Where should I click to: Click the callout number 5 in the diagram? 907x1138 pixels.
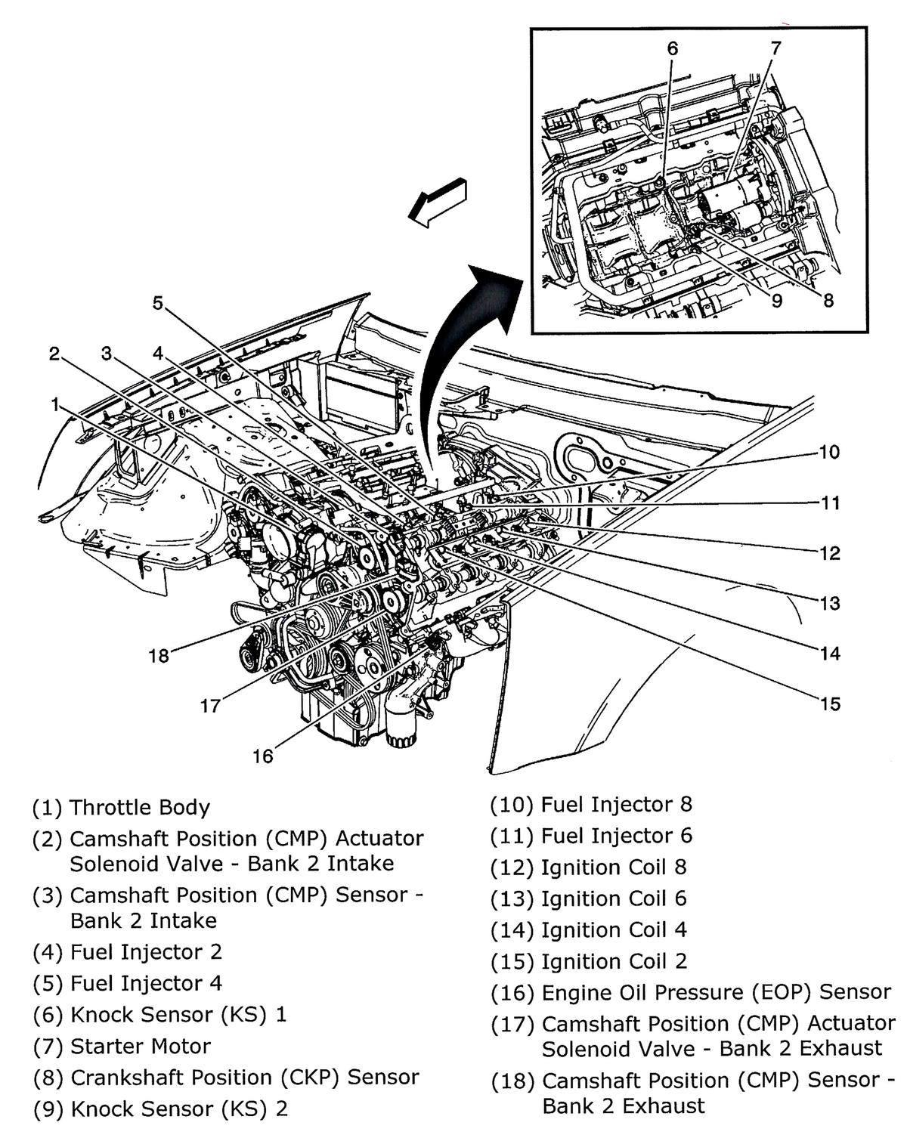tap(157, 303)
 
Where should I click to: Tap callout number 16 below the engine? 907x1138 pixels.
tap(262, 756)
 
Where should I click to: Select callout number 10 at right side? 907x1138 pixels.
tap(829, 452)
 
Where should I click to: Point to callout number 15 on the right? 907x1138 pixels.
tap(829, 704)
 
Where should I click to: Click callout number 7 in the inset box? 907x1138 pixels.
tap(775, 48)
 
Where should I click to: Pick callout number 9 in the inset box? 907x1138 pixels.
tap(777, 300)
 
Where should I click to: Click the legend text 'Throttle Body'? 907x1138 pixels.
tap(139, 807)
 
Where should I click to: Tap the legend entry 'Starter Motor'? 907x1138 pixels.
tap(140, 1046)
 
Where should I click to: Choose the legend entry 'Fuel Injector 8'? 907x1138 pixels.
tap(616, 804)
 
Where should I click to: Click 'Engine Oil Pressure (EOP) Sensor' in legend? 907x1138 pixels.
tap(716, 992)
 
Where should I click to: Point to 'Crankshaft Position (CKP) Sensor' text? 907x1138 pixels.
tap(244, 1077)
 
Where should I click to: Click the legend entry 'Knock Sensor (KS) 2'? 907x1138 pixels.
tap(178, 1109)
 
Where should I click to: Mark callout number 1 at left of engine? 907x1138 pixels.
tap(54, 404)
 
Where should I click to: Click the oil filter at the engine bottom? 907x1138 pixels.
tap(399, 731)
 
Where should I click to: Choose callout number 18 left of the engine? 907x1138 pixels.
tap(159, 655)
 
